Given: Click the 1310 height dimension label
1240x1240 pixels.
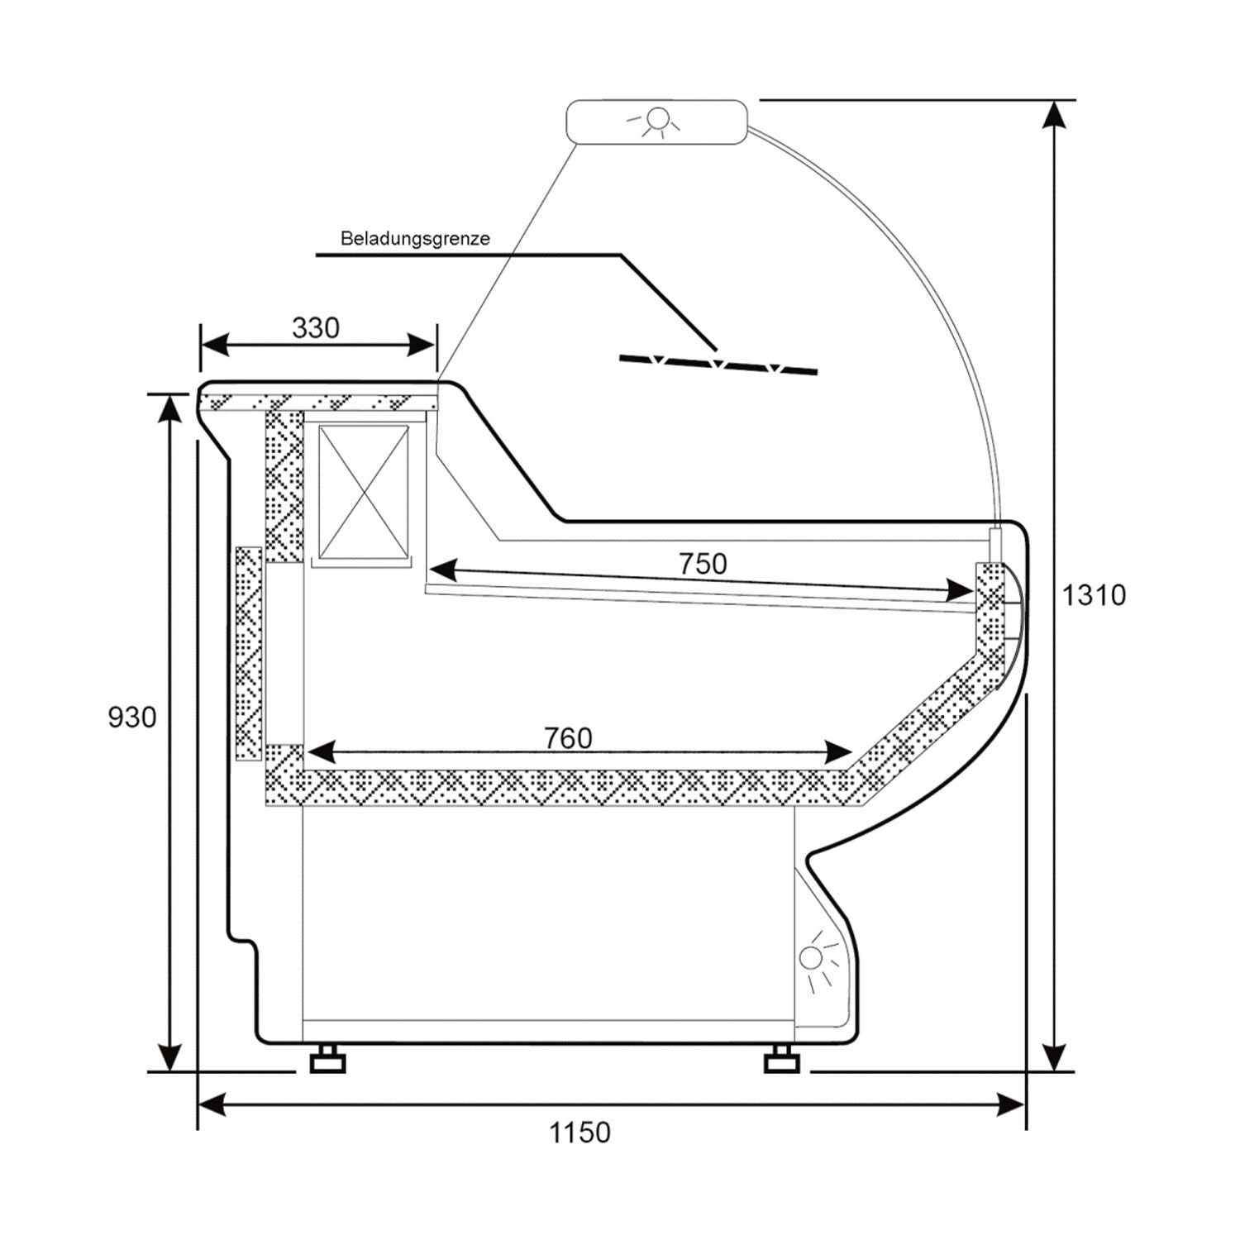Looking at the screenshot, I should (1093, 594).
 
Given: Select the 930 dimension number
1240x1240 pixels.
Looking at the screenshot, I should (132, 717).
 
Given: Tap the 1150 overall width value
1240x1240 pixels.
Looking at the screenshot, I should (580, 1132).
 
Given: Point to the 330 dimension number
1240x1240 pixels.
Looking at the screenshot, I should (316, 328).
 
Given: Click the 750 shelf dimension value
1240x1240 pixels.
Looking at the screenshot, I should (703, 564).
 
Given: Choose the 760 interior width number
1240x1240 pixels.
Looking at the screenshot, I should (569, 737).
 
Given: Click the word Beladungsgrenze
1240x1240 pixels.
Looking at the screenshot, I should (415, 239).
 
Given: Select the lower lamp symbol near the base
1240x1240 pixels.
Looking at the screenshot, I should (813, 959).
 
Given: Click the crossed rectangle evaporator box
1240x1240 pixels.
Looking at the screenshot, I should (364, 493).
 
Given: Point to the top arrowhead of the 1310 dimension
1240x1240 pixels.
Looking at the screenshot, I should (1053, 114).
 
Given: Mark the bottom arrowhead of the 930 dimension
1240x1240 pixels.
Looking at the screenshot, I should (169, 1057).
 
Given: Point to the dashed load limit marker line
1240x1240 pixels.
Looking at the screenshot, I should (718, 365).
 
